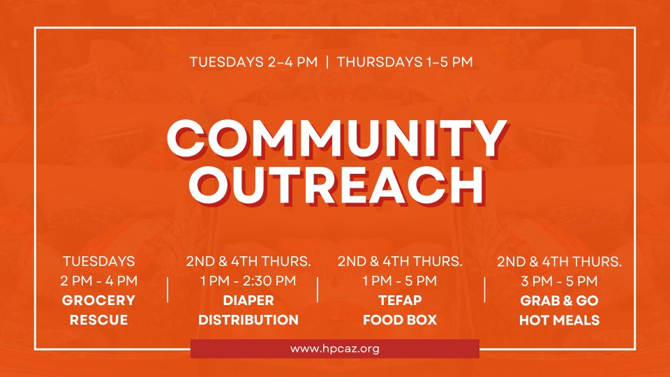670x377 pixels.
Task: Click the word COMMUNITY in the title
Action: click(x=336, y=139)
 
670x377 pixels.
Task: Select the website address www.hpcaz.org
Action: click(x=334, y=349)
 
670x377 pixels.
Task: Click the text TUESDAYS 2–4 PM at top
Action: click(x=254, y=62)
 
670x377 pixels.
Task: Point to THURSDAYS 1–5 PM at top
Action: click(x=405, y=62)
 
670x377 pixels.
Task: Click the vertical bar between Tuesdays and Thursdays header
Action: click(x=327, y=62)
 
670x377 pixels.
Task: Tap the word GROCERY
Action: click(x=98, y=300)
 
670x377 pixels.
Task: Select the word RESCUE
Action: click(x=98, y=320)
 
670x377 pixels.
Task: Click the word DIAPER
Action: click(x=248, y=300)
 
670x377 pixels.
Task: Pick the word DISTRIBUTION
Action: click(x=248, y=320)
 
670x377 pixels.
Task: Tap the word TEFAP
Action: click(x=400, y=300)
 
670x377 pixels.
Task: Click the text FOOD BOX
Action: click(x=400, y=320)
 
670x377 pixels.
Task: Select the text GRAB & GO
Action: click(x=559, y=301)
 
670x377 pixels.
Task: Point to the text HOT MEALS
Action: click(x=559, y=320)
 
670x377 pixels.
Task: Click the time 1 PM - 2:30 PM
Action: click(x=248, y=281)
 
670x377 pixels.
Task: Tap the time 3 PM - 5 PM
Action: click(x=559, y=281)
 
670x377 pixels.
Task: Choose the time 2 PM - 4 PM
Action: click(x=98, y=281)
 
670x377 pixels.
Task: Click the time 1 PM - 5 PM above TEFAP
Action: click(x=400, y=281)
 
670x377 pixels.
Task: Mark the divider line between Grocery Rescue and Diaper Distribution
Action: click(x=167, y=290)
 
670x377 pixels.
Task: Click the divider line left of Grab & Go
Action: click(x=484, y=290)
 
